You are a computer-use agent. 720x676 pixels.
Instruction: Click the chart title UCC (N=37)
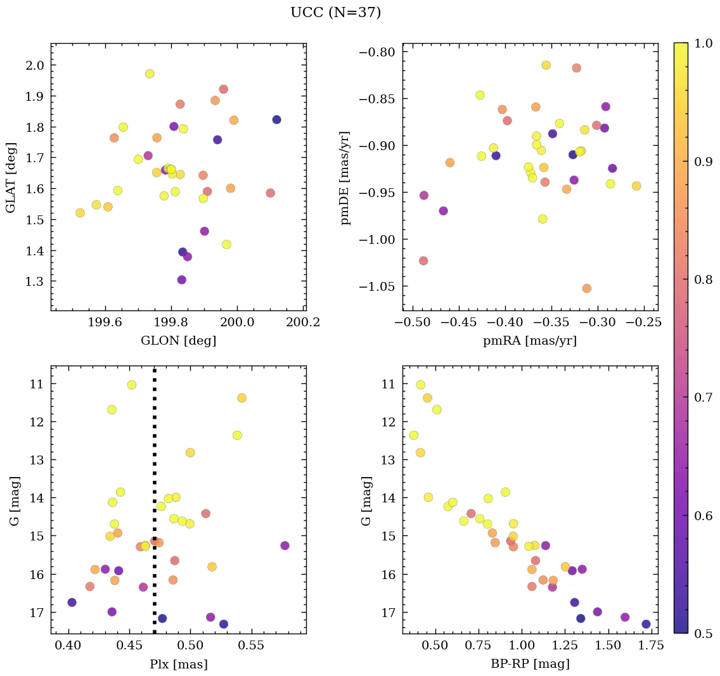point(335,13)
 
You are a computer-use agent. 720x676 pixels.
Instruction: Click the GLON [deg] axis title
point(178,341)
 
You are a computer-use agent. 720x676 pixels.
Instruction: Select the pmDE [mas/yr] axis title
point(345,178)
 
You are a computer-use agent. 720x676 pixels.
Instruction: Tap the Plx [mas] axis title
point(179,664)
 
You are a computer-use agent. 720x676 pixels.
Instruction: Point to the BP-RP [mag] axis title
point(530,664)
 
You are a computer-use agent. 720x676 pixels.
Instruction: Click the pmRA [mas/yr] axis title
point(530,341)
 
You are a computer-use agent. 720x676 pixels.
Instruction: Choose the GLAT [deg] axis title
point(11,178)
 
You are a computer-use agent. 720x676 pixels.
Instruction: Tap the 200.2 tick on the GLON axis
point(303,322)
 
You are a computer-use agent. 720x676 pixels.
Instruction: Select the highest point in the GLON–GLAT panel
point(150,74)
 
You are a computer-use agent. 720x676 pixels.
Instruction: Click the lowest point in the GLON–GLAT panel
point(182,280)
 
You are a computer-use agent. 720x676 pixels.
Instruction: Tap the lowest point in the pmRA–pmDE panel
point(587,288)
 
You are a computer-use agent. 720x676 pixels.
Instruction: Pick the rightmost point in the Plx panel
point(285,545)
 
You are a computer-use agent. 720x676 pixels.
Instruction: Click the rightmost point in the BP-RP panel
point(646,624)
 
